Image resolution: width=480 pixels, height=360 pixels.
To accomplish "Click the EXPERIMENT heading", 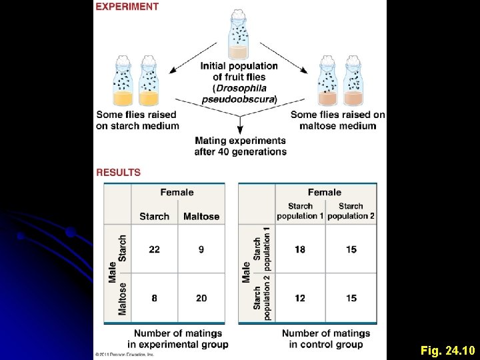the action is (127, 7).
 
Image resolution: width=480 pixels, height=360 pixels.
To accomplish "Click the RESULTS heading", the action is (119, 172).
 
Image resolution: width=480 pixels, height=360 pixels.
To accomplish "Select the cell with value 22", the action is (155, 249).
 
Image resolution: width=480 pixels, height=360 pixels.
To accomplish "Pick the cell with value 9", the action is (201, 249).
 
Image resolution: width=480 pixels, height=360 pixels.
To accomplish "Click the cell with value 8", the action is (155, 298).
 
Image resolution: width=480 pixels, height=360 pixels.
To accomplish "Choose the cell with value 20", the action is (201, 298).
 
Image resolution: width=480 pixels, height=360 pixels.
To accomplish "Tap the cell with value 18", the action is (300, 249).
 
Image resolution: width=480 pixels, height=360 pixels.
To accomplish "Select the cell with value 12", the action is (300, 298).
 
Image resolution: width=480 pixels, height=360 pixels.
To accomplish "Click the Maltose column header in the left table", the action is (201, 216).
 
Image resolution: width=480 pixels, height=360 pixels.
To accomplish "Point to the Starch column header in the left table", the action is (155, 216).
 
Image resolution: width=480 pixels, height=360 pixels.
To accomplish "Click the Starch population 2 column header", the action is (351, 211).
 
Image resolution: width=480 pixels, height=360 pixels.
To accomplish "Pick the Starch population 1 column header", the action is (300, 211).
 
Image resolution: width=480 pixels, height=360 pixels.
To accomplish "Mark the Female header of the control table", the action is (325, 193).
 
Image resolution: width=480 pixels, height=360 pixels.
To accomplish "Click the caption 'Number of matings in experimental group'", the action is (181, 339).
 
